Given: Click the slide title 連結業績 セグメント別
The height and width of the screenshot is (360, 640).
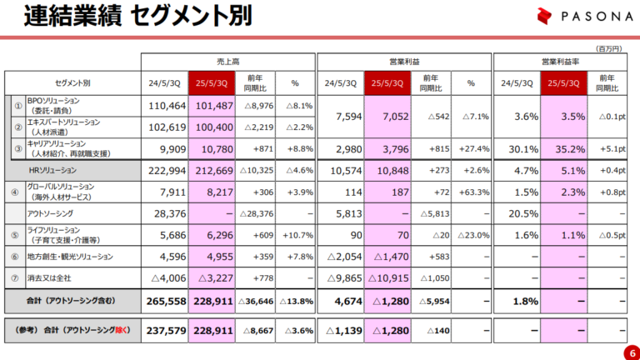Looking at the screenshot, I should point(137,17).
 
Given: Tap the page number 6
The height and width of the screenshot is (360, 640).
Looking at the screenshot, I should point(627,352).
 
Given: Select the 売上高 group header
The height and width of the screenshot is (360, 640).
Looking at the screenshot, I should point(227,62).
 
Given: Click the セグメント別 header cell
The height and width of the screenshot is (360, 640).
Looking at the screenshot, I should point(72,83).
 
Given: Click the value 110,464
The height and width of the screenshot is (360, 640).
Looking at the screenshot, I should point(165,106).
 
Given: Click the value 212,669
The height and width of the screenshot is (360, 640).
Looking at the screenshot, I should point(214,171).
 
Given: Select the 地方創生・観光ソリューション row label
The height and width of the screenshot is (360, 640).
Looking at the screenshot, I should point(71,257).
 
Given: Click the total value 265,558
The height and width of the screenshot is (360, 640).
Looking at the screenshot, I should point(165,300).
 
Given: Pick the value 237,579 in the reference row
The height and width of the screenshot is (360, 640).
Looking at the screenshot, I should point(165,330).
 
